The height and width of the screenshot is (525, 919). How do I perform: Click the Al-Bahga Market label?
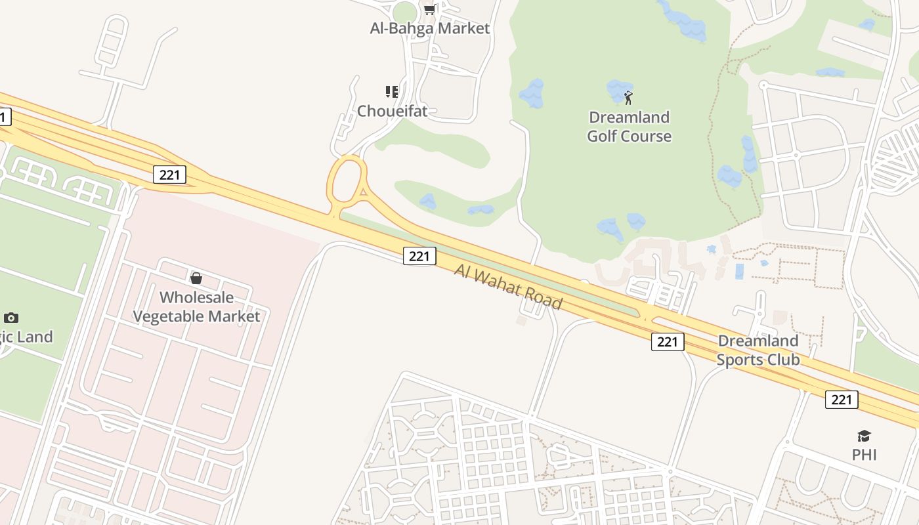(430, 28)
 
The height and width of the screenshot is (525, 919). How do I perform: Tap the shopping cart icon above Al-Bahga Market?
(429, 9)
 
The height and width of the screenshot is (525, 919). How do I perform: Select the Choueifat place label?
(392, 111)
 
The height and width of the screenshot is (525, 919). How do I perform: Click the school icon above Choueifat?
(392, 91)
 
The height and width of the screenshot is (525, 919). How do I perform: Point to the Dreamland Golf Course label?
(629, 127)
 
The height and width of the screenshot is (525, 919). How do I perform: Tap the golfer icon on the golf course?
(628, 98)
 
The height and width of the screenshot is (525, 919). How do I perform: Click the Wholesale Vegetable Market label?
(196, 306)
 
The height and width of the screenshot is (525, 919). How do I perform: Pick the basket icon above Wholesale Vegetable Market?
(196, 278)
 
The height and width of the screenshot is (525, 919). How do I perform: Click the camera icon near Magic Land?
(11, 318)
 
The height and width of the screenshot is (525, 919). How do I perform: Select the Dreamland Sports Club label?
(758, 350)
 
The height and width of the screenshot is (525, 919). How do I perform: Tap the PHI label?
(864, 455)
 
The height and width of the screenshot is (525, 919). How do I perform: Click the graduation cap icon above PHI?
(864, 436)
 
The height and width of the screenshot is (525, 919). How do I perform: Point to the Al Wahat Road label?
(508, 286)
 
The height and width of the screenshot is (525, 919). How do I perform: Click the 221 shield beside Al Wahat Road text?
(419, 256)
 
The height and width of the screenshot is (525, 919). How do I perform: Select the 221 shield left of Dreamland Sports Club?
(668, 341)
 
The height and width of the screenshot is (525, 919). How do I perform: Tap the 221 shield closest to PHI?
(842, 400)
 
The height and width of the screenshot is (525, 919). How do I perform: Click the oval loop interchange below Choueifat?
(347, 180)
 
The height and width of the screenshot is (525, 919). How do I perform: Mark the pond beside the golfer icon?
(617, 90)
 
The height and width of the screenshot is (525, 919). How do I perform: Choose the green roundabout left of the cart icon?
(405, 12)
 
